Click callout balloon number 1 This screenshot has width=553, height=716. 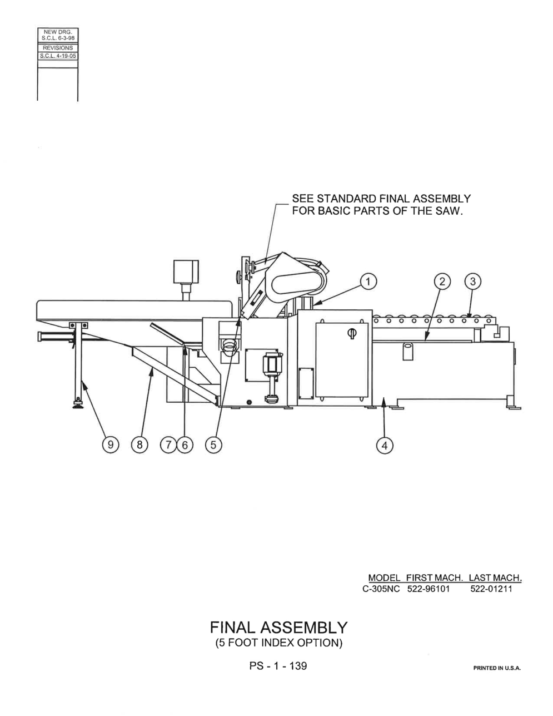tap(368, 282)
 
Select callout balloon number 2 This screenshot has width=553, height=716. tap(442, 282)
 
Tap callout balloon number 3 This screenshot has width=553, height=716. tap(472, 282)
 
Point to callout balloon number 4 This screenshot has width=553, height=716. tap(385, 446)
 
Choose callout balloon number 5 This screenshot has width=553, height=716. tap(213, 445)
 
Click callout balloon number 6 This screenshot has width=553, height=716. tap(185, 445)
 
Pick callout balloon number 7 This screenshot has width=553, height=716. tap(168, 445)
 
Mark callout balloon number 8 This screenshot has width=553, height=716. tap(140, 445)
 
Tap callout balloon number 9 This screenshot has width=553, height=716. tap(111, 445)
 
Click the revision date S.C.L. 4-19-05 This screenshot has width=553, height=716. tap(58, 56)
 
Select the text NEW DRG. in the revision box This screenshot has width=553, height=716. tap(58, 32)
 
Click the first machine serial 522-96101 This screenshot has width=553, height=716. tap(429, 589)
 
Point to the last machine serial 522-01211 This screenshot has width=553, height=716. tap(491, 589)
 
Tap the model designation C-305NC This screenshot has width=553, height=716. tap(381, 589)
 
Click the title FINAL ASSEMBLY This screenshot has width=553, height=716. tap(279, 628)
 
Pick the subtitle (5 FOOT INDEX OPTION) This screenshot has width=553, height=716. tap(279, 643)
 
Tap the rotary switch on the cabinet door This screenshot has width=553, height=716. tap(352, 333)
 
